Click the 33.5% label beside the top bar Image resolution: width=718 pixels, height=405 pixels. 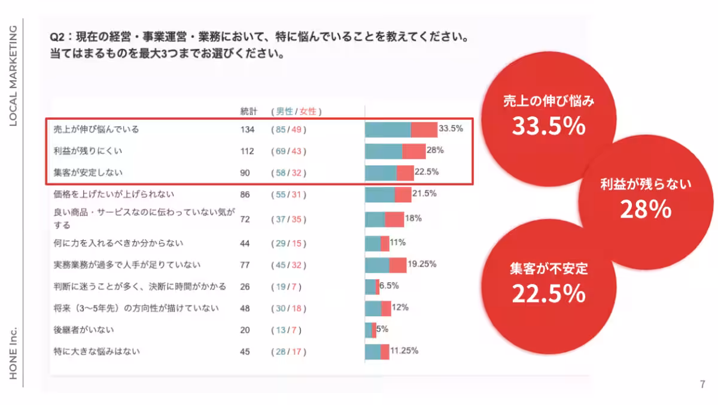(451, 128)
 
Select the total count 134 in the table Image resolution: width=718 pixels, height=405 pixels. (247, 129)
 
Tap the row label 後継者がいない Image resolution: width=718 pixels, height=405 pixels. (84, 330)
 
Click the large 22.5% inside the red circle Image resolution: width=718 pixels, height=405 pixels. (548, 293)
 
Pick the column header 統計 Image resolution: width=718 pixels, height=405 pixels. (248, 111)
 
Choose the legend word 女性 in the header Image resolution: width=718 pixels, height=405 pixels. (308, 111)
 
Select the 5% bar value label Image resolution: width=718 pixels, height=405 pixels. (382, 329)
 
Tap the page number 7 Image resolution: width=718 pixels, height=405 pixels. (702, 384)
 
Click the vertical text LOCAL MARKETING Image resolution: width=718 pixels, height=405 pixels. (13, 75)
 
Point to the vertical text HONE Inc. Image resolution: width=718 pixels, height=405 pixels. (13, 353)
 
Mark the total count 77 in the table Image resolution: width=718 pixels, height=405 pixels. (245, 265)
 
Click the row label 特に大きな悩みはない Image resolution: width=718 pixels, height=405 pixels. (96, 352)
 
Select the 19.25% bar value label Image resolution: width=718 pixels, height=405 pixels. (422, 264)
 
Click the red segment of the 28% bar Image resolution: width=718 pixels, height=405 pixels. (413, 151)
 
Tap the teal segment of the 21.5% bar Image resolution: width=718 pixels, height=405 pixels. (380, 195)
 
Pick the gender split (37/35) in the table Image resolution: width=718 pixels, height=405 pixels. (288, 219)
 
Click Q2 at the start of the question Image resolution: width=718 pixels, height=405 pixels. (57, 38)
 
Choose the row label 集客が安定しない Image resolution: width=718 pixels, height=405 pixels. (87, 173)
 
